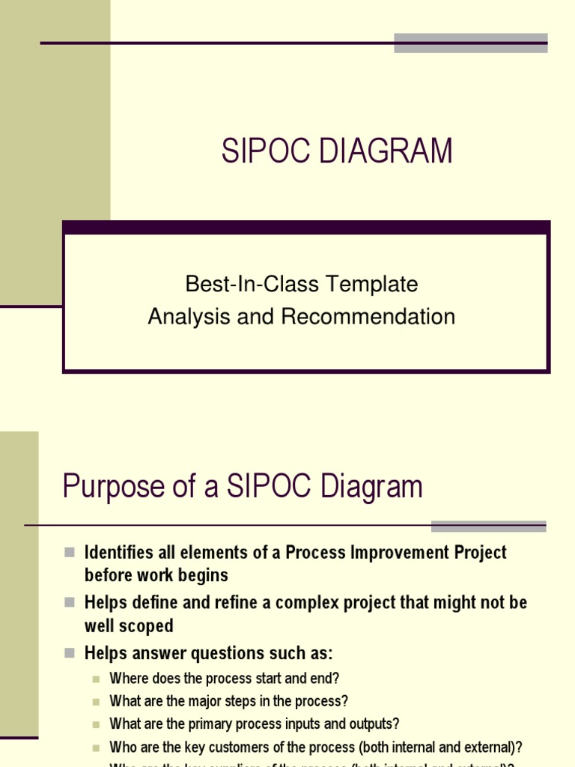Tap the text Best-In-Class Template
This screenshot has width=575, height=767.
(302, 285)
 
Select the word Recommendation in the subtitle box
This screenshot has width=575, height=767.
(368, 317)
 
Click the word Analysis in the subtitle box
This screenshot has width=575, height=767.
(189, 317)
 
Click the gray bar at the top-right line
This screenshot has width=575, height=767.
(471, 43)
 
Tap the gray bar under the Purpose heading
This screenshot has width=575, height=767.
(488, 526)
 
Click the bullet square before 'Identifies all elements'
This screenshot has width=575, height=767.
(70, 553)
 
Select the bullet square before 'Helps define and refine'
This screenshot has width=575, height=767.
(70, 602)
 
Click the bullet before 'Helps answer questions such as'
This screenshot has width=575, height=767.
(70, 653)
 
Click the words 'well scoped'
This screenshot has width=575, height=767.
(128, 626)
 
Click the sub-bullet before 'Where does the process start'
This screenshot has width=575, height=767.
(96, 679)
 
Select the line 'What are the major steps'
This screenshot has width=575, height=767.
(228, 702)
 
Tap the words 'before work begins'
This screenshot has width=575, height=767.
(156, 576)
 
